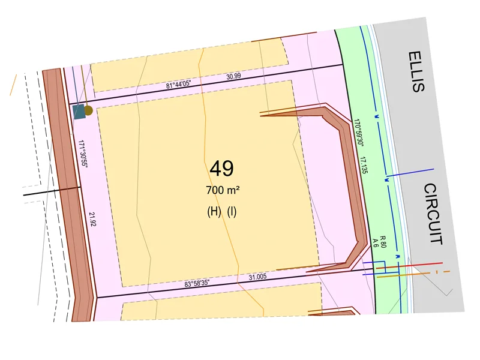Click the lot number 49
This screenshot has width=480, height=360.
point(221,169)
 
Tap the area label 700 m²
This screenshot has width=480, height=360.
point(223,190)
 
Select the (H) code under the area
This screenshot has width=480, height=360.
point(214,212)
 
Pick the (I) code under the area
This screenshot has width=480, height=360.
point(232,212)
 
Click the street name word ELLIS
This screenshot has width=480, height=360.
point(416,71)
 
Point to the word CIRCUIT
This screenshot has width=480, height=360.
point(433,214)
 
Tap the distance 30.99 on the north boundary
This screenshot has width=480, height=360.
point(234,77)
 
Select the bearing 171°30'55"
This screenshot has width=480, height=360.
point(83,154)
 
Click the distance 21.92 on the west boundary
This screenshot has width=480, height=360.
point(92,219)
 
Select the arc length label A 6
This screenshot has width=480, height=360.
point(376,242)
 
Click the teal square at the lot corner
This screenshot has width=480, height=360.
point(79,112)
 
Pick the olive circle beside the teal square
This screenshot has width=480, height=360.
point(88,110)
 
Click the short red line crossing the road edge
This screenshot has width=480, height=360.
point(420,264)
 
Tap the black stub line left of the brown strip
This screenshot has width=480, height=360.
point(51,191)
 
